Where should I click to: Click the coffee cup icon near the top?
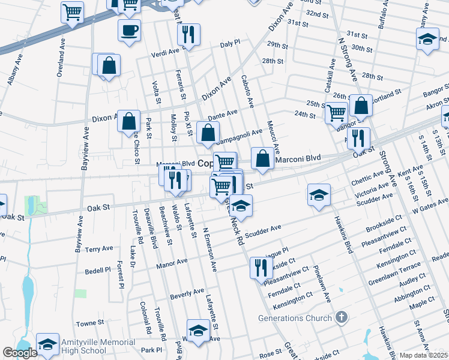[x=129, y=30]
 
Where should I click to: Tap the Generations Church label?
[x=295, y=318]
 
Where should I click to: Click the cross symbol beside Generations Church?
[x=341, y=317]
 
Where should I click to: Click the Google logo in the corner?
[x=20, y=353]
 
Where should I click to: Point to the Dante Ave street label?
[x=223, y=114]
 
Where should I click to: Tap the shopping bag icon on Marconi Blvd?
[x=262, y=158]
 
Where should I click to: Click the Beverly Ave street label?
[x=187, y=293]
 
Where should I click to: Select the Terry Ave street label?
[x=99, y=248]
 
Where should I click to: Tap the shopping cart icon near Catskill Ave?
[x=337, y=112]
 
